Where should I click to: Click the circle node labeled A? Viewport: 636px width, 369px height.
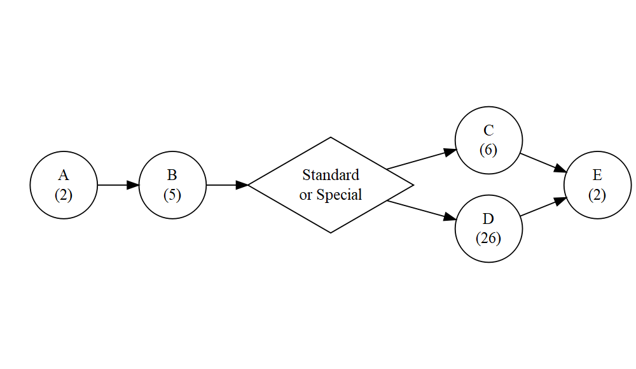tap(64, 184)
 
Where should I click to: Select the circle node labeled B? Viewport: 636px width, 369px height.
tap(172, 184)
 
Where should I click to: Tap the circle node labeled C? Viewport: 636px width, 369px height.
tap(488, 141)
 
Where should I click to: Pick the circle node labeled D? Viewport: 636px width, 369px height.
tap(488, 228)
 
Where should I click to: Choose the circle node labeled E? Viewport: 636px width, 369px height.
tap(597, 184)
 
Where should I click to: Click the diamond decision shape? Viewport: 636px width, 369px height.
tap(331, 184)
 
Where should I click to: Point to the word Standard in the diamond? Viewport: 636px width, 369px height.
tap(331, 175)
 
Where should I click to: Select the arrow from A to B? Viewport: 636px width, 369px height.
tap(118, 185)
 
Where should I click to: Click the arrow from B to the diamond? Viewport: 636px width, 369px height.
tap(226, 185)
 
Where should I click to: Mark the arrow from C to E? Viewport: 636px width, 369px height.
tap(543, 162)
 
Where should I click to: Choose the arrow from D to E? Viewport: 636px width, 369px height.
tap(543, 207)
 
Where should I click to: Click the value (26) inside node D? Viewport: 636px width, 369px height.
tap(488, 239)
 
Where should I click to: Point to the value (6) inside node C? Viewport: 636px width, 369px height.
tap(488, 150)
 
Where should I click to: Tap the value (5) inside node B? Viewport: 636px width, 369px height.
tap(172, 195)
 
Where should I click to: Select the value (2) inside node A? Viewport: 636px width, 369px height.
tap(64, 195)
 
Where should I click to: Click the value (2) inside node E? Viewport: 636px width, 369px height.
tap(597, 195)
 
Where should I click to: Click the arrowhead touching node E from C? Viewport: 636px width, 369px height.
tap(560, 169)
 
